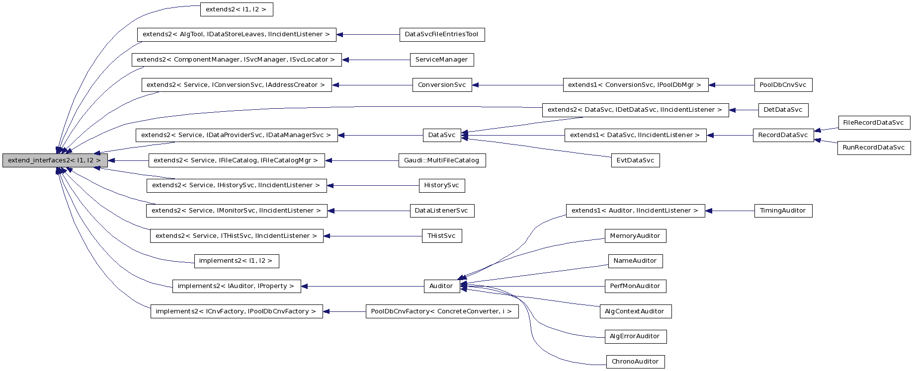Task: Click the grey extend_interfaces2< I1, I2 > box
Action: (x=55, y=160)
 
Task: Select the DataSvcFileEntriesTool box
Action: (x=442, y=34)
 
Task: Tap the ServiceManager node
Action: (x=441, y=60)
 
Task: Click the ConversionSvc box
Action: (x=442, y=85)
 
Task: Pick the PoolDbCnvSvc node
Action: (x=783, y=85)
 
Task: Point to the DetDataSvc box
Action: (x=783, y=110)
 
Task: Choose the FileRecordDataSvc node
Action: (x=873, y=123)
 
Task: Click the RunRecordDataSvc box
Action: (x=873, y=148)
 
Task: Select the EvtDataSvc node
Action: (x=635, y=160)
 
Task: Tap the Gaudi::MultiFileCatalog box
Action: (x=442, y=160)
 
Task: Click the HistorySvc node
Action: (x=441, y=185)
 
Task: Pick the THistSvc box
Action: (x=441, y=236)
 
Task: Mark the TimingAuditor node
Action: (x=783, y=211)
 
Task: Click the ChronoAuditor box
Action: (x=635, y=362)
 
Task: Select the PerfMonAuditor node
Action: (x=635, y=286)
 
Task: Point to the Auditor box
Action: (x=441, y=286)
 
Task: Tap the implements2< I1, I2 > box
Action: (x=236, y=261)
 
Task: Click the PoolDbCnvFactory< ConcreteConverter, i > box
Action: (x=441, y=311)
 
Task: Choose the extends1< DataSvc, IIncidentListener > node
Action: (x=635, y=135)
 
